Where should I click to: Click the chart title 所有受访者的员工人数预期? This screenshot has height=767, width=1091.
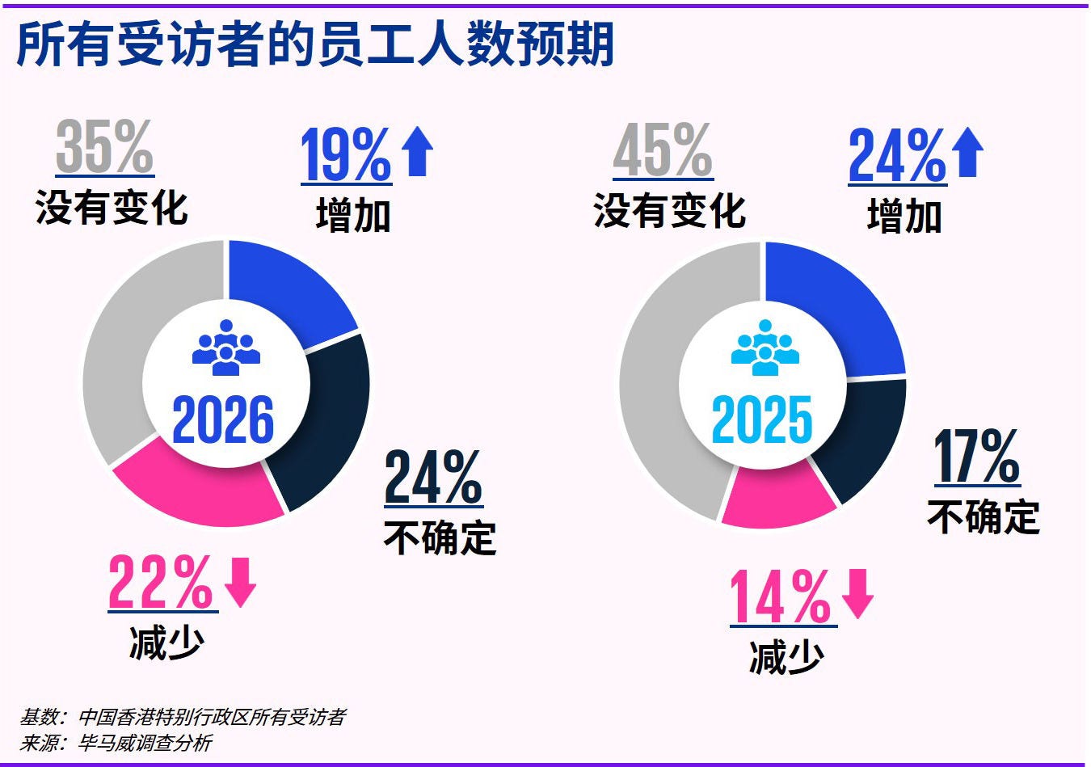coord(315,44)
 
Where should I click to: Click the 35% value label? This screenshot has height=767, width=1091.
coord(104,146)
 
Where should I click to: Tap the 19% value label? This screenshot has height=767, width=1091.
coord(346,154)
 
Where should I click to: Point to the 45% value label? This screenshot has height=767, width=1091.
coord(663,151)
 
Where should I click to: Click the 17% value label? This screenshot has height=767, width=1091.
coord(976,457)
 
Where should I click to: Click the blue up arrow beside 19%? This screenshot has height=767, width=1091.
coord(417,151)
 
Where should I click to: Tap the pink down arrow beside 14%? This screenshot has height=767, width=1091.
coord(857,593)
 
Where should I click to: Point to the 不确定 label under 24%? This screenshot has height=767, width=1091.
coord(440,537)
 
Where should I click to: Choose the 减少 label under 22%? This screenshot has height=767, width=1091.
coord(166,643)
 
